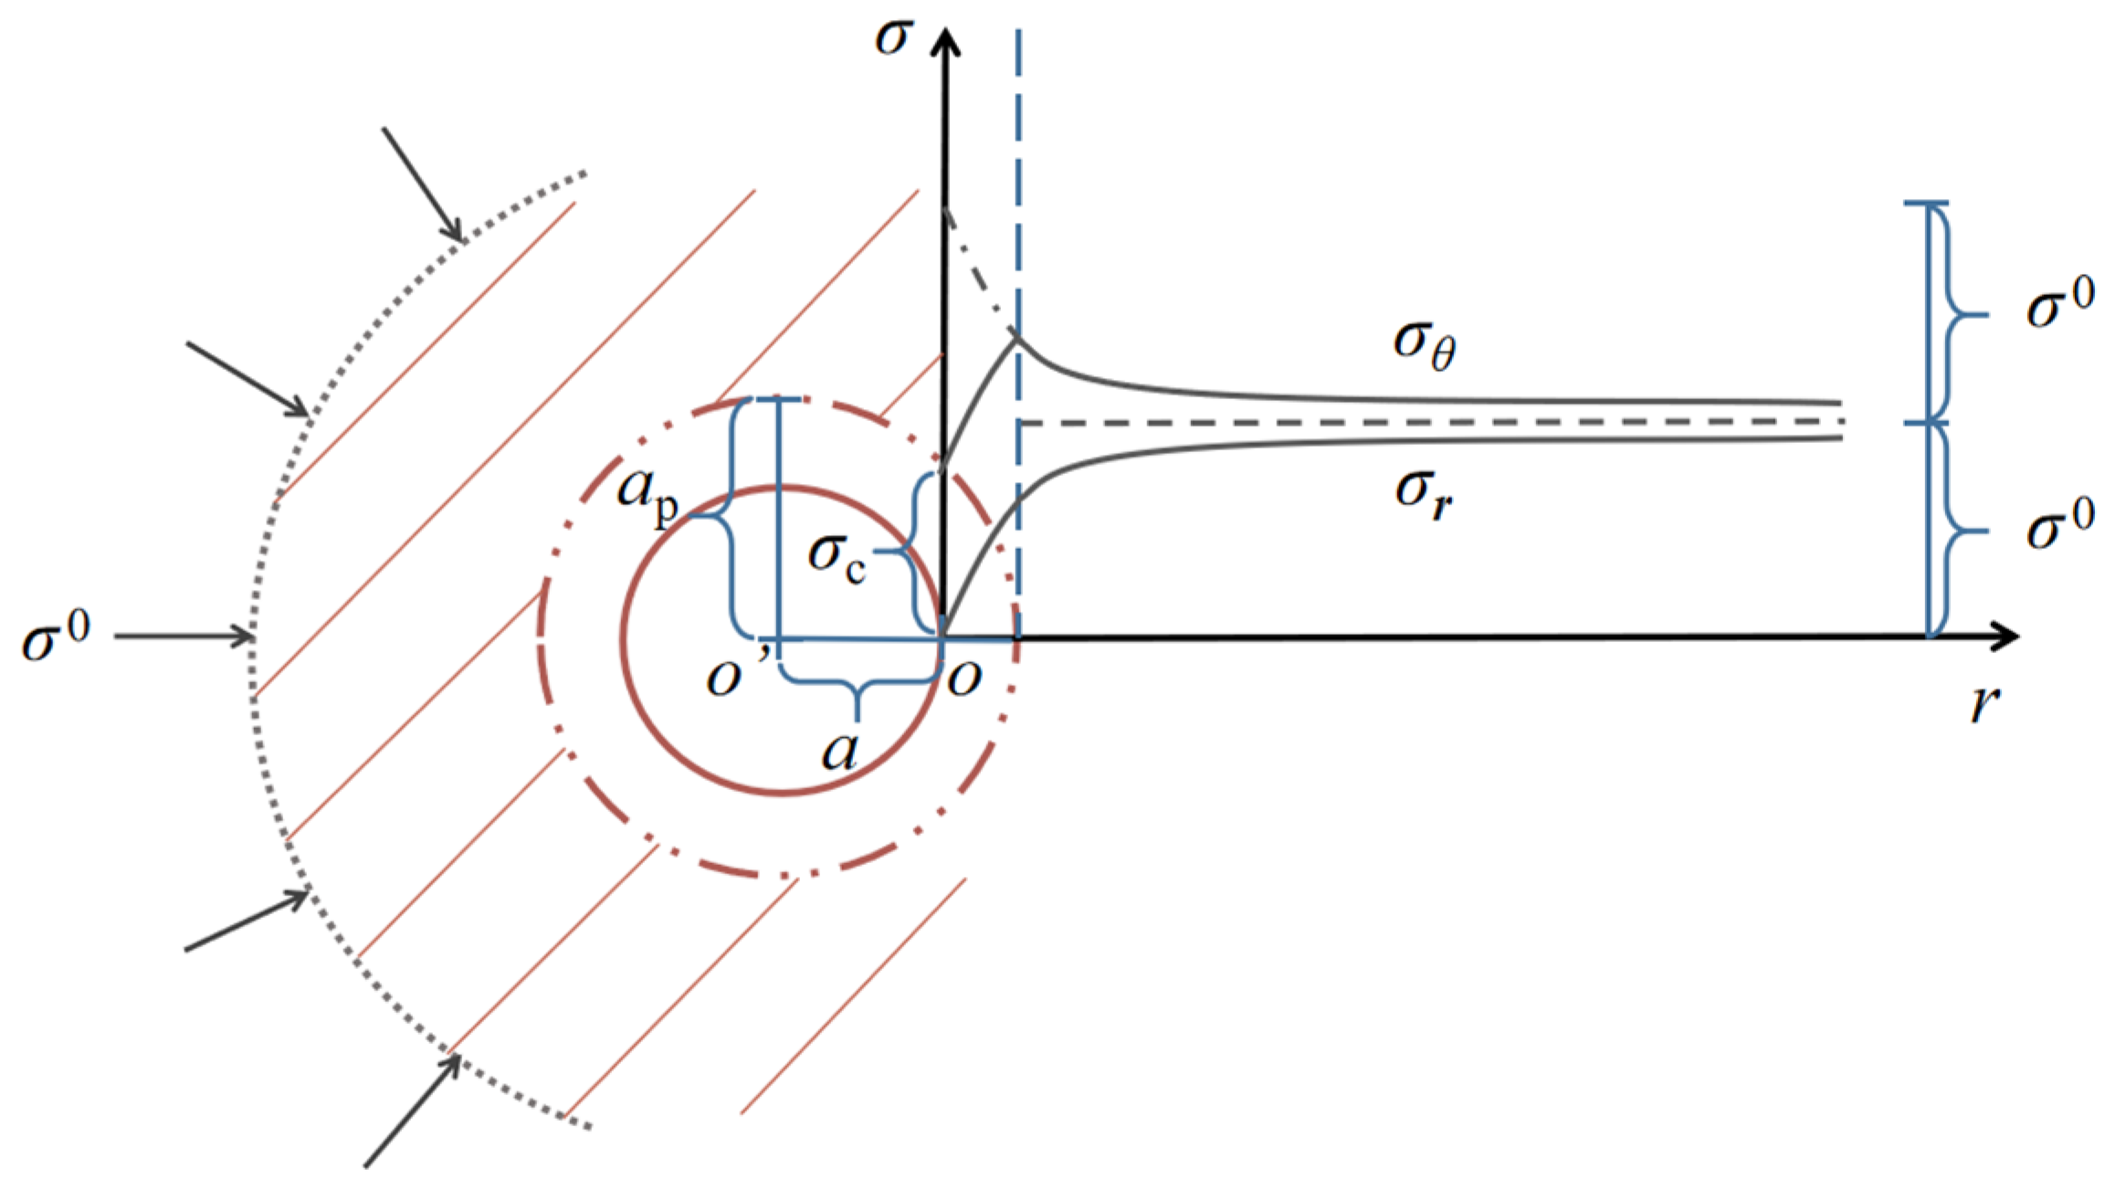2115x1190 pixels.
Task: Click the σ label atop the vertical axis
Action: (x=893, y=37)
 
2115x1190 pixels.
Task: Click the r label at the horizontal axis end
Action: (x=1984, y=703)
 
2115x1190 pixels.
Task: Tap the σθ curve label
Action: (x=1424, y=346)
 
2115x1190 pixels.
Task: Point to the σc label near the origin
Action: (x=837, y=557)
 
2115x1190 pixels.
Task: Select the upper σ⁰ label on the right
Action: (x=2060, y=304)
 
